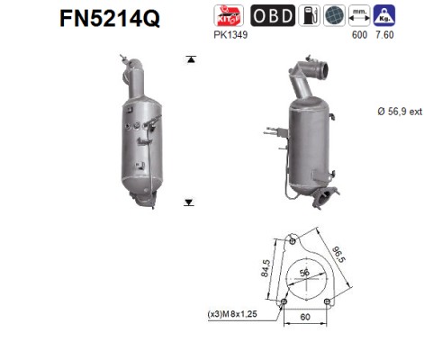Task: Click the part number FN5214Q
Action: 110,18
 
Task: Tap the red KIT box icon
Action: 229,15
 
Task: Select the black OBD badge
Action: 273,15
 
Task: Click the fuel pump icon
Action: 309,15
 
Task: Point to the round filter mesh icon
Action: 334,15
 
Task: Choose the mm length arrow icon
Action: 359,15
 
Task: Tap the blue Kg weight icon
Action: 384,15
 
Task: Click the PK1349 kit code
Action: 230,35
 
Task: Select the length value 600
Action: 359,35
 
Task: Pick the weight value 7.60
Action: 384,35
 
